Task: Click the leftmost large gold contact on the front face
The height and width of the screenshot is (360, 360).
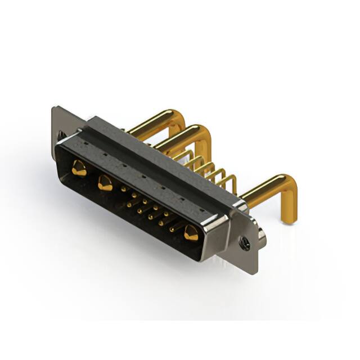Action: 79,168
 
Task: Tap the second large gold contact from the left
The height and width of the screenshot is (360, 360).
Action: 105,182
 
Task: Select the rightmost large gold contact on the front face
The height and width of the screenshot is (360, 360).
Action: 191,232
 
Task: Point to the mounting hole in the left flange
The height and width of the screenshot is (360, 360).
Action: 61,135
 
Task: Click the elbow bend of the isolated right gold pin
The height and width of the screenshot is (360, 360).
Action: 290,188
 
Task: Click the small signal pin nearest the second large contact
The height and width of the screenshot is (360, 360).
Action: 123,190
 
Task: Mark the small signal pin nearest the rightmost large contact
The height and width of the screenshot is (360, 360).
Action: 172,228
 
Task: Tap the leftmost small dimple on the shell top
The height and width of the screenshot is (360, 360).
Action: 84,145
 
